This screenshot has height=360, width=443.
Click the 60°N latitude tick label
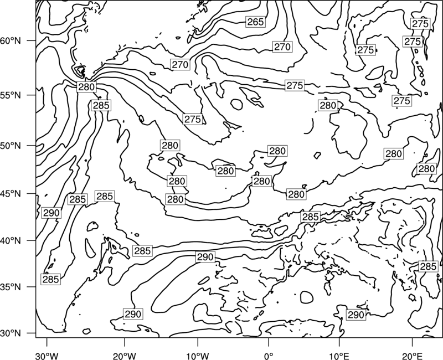pyautogui.click(x=11, y=41)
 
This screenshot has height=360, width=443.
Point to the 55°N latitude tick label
pyautogui.click(x=11, y=95)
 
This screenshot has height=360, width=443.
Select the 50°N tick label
pyautogui.click(x=11, y=146)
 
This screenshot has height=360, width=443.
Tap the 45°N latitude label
pyautogui.click(x=11, y=193)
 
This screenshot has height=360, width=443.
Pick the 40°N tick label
pyautogui.click(x=11, y=241)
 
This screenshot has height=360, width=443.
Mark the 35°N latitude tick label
pyautogui.click(x=11, y=287)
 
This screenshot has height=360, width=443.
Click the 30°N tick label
pyautogui.click(x=11, y=333)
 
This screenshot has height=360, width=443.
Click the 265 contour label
pyautogui.click(x=255, y=22)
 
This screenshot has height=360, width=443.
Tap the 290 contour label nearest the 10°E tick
pyautogui.click(x=356, y=315)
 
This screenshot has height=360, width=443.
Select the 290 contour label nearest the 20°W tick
pyautogui.click(x=133, y=314)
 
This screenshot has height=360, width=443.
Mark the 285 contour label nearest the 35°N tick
pyautogui.click(x=51, y=279)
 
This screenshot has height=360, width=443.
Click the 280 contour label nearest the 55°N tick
pyautogui.click(x=86, y=87)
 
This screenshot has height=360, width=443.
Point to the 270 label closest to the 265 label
pyautogui.click(x=282, y=47)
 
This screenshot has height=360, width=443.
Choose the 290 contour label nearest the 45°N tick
pyautogui.click(x=51, y=213)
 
